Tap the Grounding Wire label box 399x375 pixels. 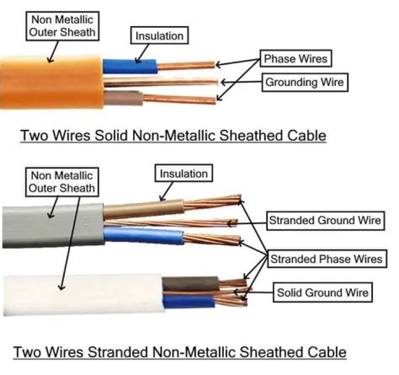pyautogui.click(x=304, y=83)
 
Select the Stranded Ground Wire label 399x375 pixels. pyautogui.click(x=324, y=220)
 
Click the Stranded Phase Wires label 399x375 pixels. pyautogui.click(x=326, y=259)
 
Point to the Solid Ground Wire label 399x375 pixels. pyautogui.click(x=322, y=292)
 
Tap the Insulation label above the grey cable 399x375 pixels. pyautogui.click(x=183, y=174)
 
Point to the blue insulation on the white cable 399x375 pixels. pyautogui.click(x=188, y=302)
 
